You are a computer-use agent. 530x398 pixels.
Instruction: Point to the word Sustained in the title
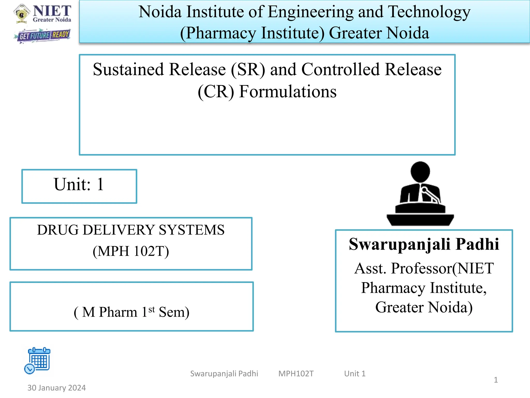[132, 69]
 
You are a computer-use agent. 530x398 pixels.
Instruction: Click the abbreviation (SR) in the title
[248, 69]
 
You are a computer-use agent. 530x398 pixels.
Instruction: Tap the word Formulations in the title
[288, 91]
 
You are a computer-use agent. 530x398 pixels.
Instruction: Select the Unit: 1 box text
[79, 184]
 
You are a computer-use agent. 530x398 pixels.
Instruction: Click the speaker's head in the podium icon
[420, 172]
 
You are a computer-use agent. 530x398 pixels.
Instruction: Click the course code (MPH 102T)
[131, 251]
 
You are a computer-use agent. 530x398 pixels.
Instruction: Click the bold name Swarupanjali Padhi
[424, 244]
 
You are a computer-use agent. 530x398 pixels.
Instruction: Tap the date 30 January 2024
[56, 388]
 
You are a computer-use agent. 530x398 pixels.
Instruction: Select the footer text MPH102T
[296, 374]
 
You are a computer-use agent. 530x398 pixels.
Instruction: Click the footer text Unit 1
[355, 374]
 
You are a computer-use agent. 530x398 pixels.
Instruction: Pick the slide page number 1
[496, 380]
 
